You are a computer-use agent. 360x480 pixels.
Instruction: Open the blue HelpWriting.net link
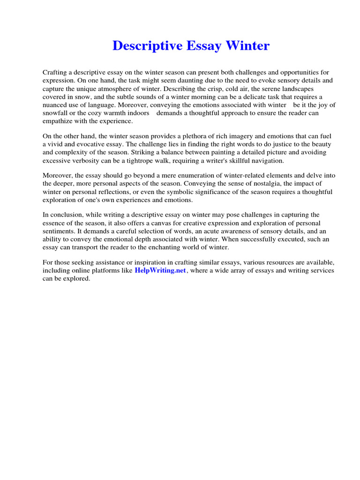pos(160,271)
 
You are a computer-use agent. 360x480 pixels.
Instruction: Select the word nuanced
pos(58,105)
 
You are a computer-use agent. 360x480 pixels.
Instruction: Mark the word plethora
pos(201,136)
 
